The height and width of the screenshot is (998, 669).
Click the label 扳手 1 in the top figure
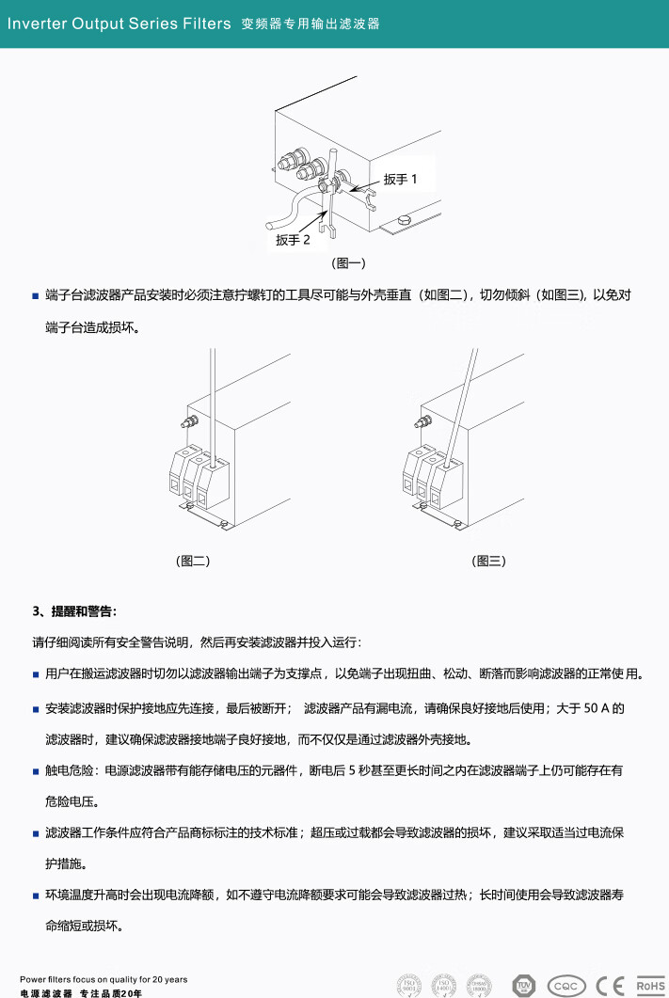pos(399,179)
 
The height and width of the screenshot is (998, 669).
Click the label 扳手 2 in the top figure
pos(293,240)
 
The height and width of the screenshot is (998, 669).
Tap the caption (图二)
pos(193,561)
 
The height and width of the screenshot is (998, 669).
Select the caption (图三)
pos(489,561)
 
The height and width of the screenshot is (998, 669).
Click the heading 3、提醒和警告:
pos(75,611)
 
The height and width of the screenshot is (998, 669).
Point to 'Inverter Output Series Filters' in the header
pos(119,24)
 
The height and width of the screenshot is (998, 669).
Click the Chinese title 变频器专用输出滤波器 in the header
pos(310,24)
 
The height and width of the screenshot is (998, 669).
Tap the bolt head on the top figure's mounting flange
pos(404,219)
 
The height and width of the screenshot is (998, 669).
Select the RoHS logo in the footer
pos(650,985)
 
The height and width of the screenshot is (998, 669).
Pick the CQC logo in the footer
pos(567,985)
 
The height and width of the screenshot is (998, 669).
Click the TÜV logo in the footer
pos(523,985)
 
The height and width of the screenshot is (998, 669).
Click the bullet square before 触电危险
pos(36,771)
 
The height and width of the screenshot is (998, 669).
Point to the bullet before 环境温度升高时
pos(36,895)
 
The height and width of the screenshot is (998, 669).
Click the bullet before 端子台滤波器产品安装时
pos(36,296)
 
